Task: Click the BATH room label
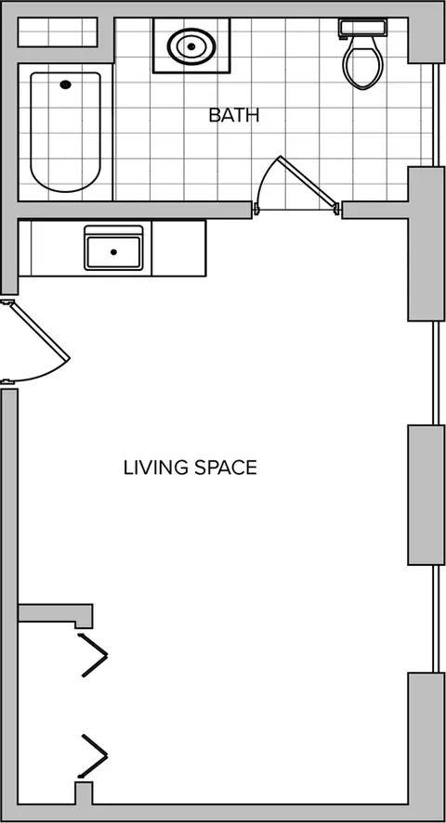pos(234,115)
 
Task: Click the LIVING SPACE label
pos(190,468)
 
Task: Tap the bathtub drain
pos(66,84)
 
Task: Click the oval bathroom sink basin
pos(191,46)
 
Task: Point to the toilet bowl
pos(362,63)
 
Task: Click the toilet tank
pos(362,28)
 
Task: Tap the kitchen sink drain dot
pos(113,252)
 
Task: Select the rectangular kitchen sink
pos(113,249)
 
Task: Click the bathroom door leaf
pos(308,181)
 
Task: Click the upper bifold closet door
pos(94,655)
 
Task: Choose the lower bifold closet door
pos(94,754)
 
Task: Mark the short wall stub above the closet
pos(56,614)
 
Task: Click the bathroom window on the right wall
pos(436,115)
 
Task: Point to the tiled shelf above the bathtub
pos(58,32)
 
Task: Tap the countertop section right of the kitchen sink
pos(178,249)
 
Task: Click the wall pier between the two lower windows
pos(426,495)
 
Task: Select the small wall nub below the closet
pos(84,792)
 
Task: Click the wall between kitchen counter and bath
pos(135,210)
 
